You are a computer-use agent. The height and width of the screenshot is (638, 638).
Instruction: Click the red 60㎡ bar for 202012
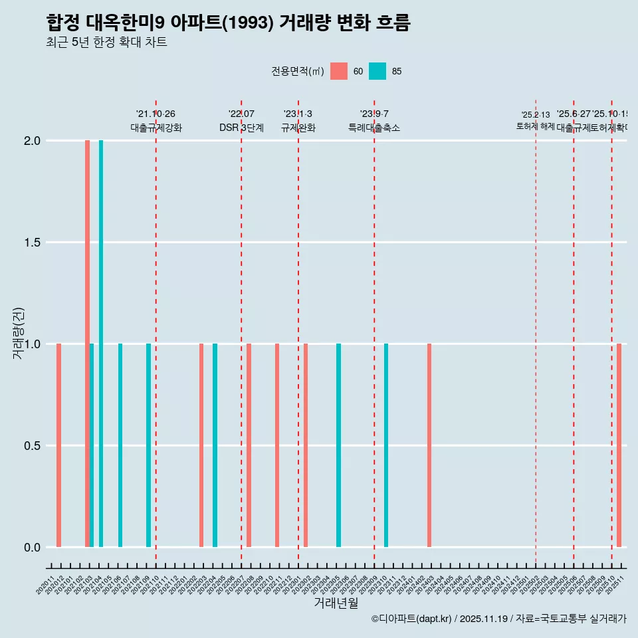pyautogui.click(x=59, y=445)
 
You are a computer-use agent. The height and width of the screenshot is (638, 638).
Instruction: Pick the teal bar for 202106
pyautogui.click(x=120, y=445)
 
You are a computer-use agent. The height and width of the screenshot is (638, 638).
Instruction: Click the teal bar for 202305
pyautogui.click(x=338, y=445)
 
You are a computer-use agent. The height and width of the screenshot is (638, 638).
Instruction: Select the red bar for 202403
pyautogui.click(x=429, y=445)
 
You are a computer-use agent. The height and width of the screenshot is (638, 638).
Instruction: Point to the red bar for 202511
pyautogui.click(x=619, y=445)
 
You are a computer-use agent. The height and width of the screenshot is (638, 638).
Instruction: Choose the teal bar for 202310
pyautogui.click(x=386, y=445)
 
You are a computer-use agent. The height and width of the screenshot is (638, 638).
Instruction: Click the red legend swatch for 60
pyautogui.click(x=339, y=71)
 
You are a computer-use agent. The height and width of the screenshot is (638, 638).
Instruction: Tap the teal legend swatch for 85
pyautogui.click(x=377, y=71)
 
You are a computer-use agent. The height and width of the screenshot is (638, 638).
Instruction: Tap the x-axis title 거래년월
pyautogui.click(x=336, y=603)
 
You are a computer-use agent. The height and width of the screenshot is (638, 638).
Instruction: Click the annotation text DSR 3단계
pyautogui.click(x=241, y=128)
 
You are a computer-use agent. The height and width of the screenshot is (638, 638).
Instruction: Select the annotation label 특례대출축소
pyautogui.click(x=374, y=128)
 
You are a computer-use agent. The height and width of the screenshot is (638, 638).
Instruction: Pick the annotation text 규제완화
pyautogui.click(x=298, y=128)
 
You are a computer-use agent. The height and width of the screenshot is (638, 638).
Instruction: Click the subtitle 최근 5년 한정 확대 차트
pyautogui.click(x=106, y=43)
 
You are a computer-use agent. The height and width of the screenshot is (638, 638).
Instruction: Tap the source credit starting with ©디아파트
pyautogui.click(x=498, y=619)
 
